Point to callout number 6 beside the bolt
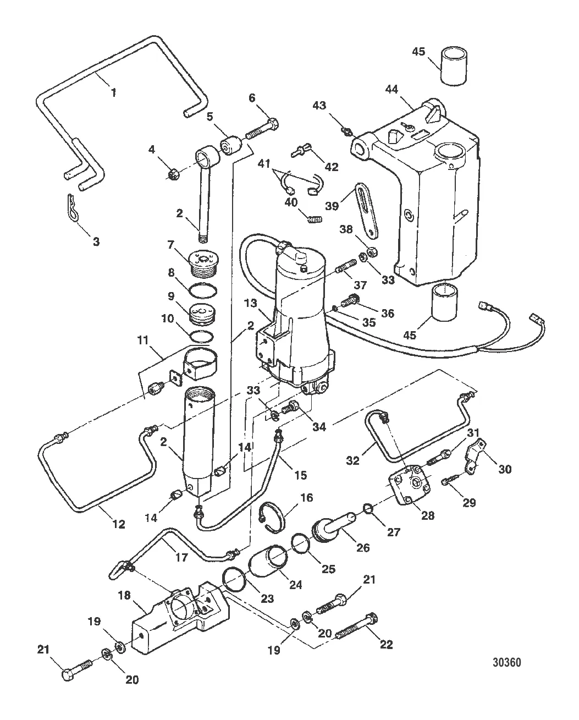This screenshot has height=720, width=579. pyautogui.click(x=252, y=98)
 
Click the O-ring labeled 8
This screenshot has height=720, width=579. pyautogui.click(x=203, y=289)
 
